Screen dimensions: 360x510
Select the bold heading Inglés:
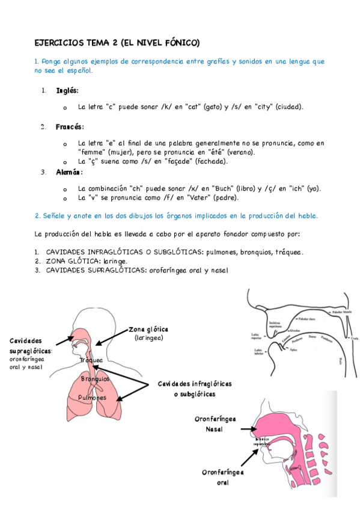tap(67, 91)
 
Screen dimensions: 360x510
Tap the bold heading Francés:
tap(70, 127)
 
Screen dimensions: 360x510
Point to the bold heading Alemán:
tap(69, 173)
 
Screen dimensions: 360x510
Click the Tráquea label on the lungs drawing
tap(91, 360)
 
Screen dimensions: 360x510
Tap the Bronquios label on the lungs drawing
tap(95, 379)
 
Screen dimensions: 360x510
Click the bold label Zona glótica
tap(149, 330)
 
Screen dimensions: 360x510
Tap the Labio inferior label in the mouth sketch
tap(258, 352)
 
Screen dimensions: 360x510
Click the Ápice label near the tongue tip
tap(293, 349)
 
